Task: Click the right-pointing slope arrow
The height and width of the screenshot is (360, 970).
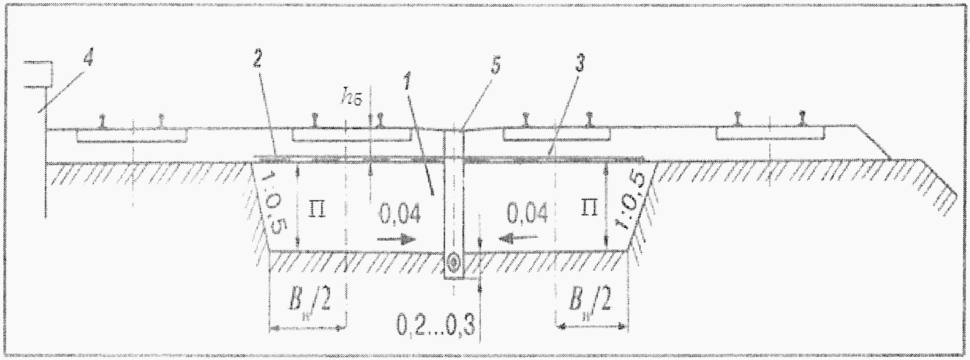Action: tap(396, 239)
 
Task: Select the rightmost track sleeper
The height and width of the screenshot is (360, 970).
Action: tap(770, 135)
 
